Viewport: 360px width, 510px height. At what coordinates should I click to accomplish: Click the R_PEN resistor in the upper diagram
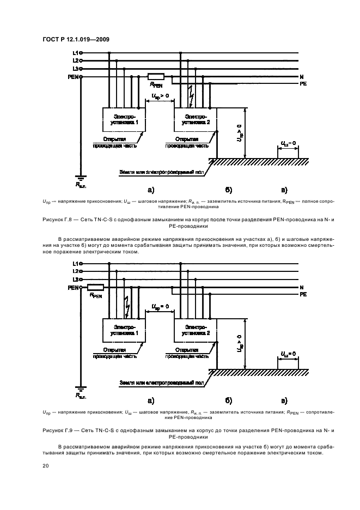coord(156,77)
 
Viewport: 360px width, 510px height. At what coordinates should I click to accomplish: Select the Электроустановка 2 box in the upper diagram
coord(195,119)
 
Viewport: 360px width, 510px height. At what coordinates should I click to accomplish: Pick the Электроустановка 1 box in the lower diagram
coord(125,330)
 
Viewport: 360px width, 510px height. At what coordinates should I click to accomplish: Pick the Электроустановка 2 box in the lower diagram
coord(195,330)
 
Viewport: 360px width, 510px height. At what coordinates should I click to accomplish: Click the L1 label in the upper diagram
coord(75,53)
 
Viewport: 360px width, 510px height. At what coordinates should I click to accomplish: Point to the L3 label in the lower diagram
coord(75,278)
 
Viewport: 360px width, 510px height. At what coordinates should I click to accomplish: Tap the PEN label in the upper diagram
coord(72,77)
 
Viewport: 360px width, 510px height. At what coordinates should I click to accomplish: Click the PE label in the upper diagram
coord(303,84)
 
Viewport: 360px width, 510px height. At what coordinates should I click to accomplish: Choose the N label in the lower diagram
coord(302,287)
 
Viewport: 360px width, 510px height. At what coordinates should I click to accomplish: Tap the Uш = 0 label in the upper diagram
coord(288,143)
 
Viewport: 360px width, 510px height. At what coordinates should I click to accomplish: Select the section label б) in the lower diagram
coord(229,400)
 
